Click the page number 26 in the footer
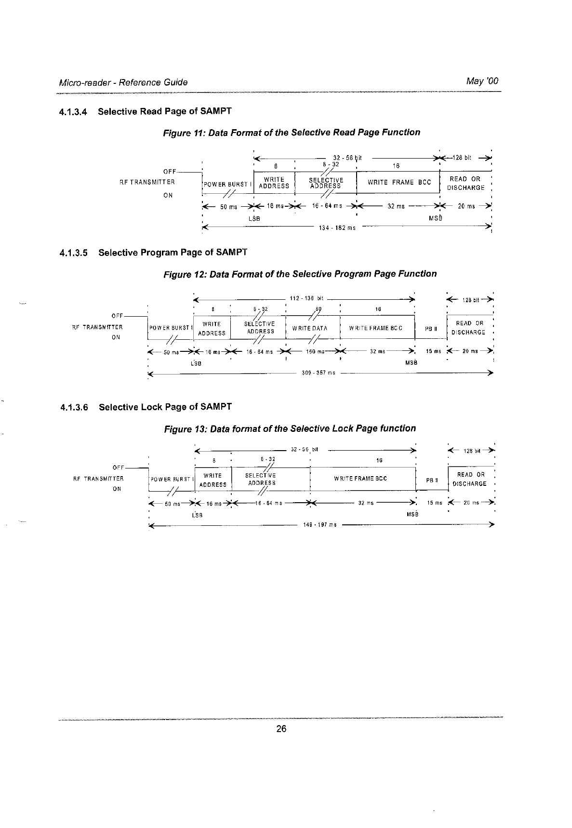pos(281,729)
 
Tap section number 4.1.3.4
pos(73,112)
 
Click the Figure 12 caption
pos(300,274)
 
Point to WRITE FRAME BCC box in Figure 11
pos(399,182)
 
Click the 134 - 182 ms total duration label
pos(337,228)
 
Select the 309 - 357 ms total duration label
pos(318,373)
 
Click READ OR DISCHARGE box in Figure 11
pos(465,183)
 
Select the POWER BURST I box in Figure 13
pos(171,480)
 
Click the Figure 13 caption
pos(290,428)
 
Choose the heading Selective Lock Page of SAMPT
pos(165,407)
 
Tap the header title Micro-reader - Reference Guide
pos(123,82)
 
